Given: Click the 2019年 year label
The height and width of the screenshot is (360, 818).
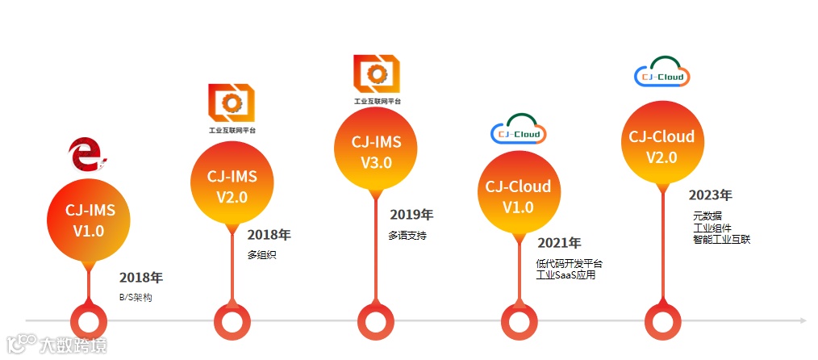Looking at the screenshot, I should tap(411, 215).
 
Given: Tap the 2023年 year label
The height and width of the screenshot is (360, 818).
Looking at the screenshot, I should tap(710, 195).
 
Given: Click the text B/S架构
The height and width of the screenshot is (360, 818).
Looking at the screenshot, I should tap(135, 297).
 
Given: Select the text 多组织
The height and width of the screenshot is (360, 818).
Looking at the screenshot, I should tap(262, 255).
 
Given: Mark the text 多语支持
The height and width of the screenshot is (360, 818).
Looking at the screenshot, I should tap(407, 236).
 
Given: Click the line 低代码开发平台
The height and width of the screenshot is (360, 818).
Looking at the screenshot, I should tap(569, 263).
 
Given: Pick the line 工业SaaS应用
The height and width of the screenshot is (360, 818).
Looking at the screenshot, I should tap(566, 275).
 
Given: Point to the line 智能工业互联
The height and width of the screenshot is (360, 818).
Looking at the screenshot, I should tap(721, 240).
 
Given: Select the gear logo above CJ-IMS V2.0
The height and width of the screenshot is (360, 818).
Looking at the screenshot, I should tap(231, 103).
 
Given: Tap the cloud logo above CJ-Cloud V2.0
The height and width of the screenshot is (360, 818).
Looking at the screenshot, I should tap(661, 73).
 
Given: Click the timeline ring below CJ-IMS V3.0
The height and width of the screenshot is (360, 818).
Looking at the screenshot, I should tap(375, 321).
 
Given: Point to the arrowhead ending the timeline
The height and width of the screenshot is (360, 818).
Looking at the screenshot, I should tap(803, 320).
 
